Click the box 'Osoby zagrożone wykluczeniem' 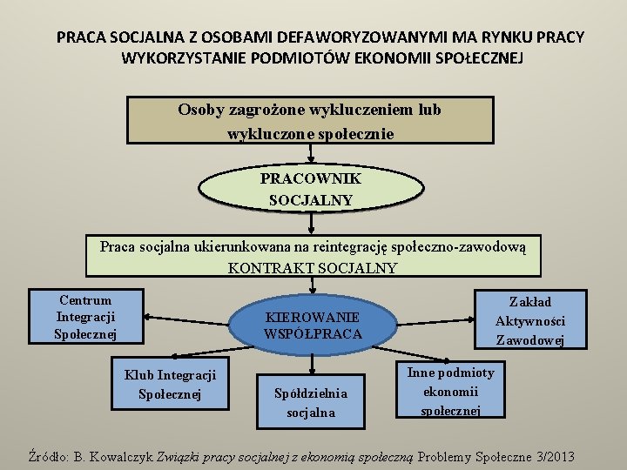tap(310, 121)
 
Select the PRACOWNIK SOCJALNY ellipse tap(310, 189)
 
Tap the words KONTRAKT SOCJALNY tap(313, 268)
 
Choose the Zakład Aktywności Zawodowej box tap(529, 320)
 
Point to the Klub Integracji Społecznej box tap(170, 384)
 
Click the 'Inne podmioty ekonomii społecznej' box tap(450, 391)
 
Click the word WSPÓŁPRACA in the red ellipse tap(313, 333)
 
